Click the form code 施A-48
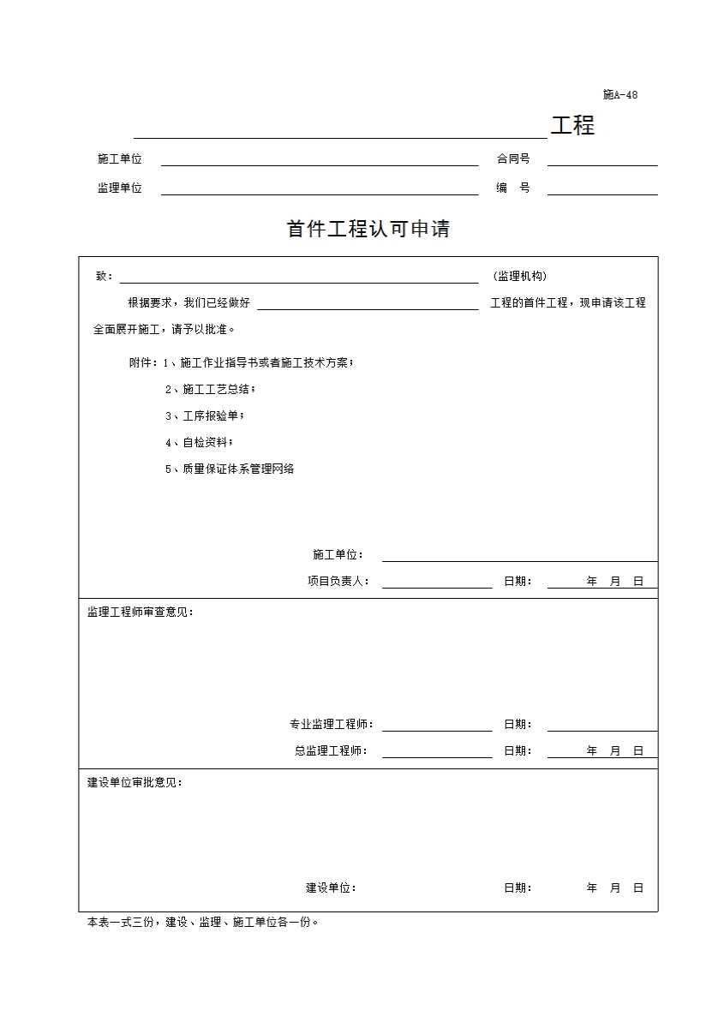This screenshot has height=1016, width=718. (619, 95)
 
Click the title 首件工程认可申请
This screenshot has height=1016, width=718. (368, 230)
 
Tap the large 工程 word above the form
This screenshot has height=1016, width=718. (572, 126)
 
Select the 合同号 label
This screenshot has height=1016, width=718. (513, 158)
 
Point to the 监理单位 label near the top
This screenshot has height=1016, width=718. (120, 188)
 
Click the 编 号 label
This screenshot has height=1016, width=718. (513, 188)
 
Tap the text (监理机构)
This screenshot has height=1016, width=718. (520, 276)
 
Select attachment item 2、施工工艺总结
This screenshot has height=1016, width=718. (210, 389)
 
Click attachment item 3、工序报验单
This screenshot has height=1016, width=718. (205, 415)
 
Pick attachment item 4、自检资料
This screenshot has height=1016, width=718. (199, 442)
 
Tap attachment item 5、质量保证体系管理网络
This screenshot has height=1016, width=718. (230, 469)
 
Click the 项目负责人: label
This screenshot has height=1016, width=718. (338, 581)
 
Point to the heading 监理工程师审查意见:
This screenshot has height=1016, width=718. (141, 612)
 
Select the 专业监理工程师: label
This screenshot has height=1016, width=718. (332, 724)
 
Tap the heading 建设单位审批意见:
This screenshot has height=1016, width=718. (135, 782)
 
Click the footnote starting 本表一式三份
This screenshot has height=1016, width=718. (203, 923)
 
